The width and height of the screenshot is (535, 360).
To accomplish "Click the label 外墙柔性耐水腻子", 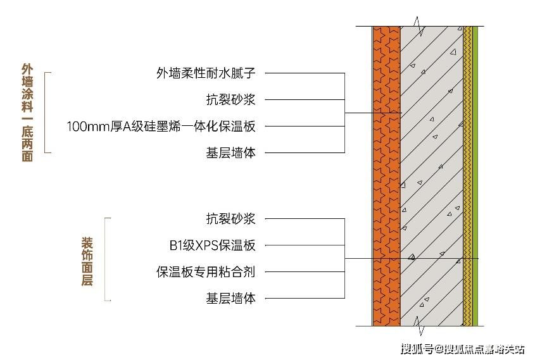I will click(x=205, y=73).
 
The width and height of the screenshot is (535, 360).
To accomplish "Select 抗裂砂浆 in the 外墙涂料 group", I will click(x=230, y=99).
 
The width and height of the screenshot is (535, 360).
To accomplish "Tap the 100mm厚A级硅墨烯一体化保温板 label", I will click(x=161, y=126).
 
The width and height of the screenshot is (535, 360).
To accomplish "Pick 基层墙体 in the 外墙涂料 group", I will click(x=230, y=152).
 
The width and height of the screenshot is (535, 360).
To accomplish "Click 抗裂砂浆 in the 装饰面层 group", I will click(x=230, y=219).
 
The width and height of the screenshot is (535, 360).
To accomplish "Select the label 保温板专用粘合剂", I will click(x=205, y=272).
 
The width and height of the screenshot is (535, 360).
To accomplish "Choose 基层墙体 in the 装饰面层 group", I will click(x=230, y=299).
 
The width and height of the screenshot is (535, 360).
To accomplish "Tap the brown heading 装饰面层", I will click(x=87, y=261).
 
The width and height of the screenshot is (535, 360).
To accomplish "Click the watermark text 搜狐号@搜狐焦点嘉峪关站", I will click(x=463, y=348).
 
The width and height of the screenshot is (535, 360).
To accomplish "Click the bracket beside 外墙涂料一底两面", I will click(x=46, y=112).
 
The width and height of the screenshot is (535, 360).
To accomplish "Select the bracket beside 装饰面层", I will click(x=106, y=259).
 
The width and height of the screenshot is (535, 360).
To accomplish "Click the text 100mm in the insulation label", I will click(x=85, y=126).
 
